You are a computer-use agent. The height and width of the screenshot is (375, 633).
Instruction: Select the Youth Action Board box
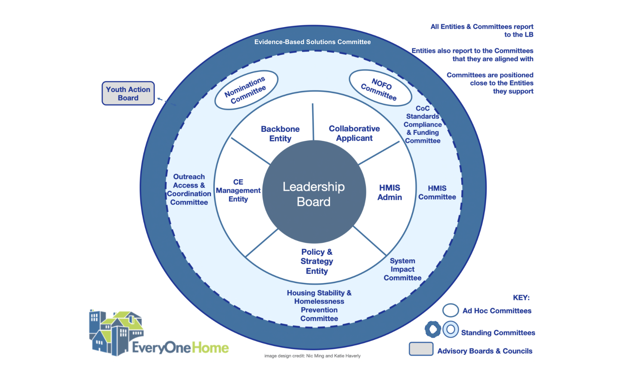tap(128, 93)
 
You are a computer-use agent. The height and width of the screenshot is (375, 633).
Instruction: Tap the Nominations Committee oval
tap(246, 90)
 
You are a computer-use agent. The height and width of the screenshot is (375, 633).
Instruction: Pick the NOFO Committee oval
tap(380, 89)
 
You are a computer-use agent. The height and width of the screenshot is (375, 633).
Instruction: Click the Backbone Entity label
tap(280, 134)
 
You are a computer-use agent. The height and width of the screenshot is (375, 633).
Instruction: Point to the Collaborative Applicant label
tap(354, 133)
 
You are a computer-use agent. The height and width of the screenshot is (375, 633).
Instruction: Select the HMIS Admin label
tap(390, 192)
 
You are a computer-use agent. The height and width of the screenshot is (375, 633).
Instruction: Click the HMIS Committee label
tap(437, 193)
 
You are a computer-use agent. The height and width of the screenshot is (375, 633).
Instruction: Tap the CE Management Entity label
tap(238, 190)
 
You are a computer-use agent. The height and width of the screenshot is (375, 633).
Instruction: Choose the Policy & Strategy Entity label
tap(317, 261)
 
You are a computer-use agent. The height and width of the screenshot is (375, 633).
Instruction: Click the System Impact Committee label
tap(402, 269)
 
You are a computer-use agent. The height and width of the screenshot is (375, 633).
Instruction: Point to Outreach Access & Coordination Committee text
tap(189, 189)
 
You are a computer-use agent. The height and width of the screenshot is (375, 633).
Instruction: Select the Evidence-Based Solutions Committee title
tap(312, 42)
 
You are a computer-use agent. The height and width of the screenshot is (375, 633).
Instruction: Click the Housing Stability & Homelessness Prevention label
tap(319, 306)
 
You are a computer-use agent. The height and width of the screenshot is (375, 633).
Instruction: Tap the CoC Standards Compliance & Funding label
tap(423, 124)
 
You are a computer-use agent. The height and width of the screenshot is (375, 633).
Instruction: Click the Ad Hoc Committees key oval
tap(451, 310)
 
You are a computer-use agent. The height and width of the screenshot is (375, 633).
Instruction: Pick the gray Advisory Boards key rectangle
tap(421, 349)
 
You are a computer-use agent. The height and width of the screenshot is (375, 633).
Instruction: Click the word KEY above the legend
tap(521, 298)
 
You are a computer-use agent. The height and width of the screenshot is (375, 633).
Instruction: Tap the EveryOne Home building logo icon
tap(116, 332)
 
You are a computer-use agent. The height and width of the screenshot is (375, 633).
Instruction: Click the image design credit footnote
tap(312, 356)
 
